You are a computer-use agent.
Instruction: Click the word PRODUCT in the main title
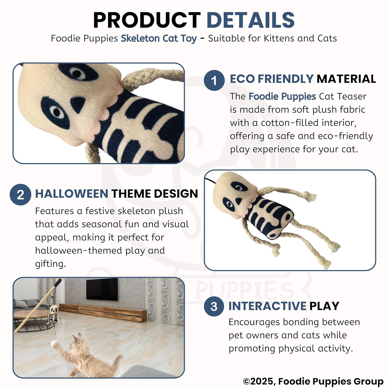click(147, 20)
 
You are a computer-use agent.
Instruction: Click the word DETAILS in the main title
click(251, 20)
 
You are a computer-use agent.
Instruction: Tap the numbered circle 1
click(214, 80)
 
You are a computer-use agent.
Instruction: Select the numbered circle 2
click(20, 195)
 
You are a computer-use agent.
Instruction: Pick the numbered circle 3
click(214, 306)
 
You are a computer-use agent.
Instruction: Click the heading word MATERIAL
click(346, 79)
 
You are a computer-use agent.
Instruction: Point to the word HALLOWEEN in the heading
click(72, 193)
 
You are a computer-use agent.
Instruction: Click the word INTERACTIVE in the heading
click(267, 306)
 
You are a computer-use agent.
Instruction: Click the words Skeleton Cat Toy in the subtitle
click(159, 38)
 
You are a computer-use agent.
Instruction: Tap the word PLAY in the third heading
click(324, 306)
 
